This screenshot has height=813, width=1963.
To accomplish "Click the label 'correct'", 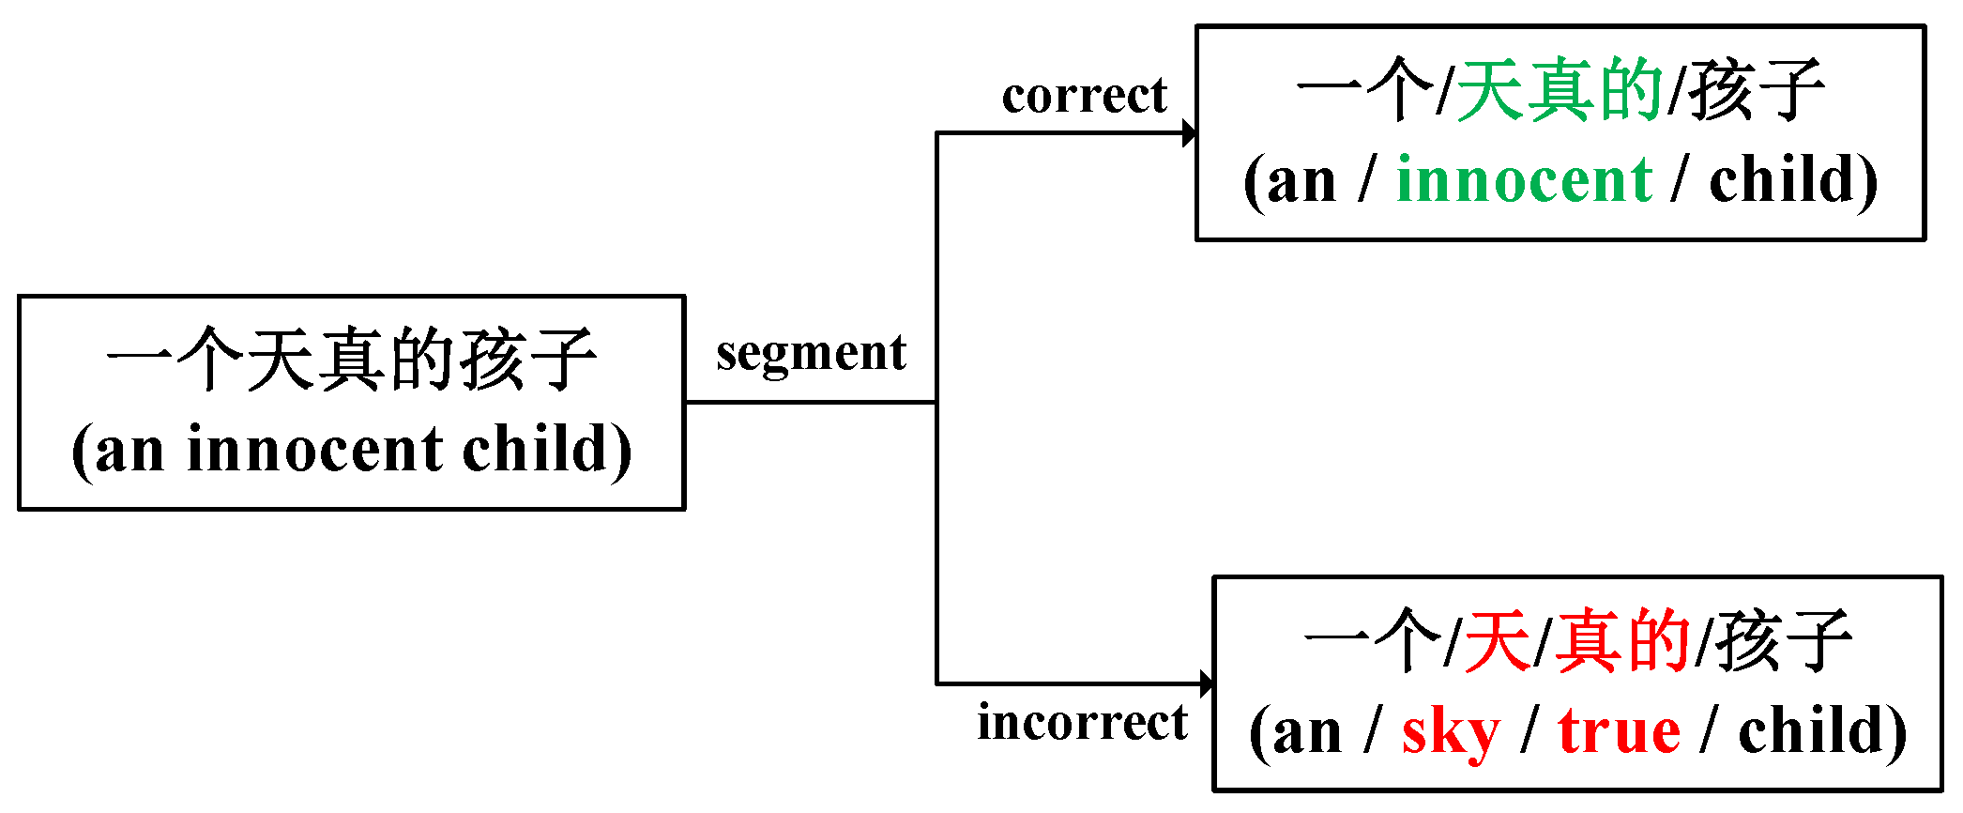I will pyautogui.click(x=1084, y=95).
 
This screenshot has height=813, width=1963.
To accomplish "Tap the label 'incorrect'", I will pyautogui.click(x=1082, y=722).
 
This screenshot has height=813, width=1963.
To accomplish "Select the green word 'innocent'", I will pyautogui.click(x=1523, y=180).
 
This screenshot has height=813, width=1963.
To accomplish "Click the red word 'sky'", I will pyautogui.click(x=1450, y=733).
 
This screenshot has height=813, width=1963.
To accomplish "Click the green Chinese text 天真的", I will pyautogui.click(x=1560, y=91).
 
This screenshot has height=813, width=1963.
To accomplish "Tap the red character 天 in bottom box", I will pyautogui.click(x=1498, y=641).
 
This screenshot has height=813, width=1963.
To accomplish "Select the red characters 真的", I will pyautogui.click(x=1622, y=641).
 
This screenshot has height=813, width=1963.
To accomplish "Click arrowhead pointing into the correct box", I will pyautogui.click(x=1189, y=133).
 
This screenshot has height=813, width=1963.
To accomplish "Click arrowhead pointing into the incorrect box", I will pyautogui.click(x=1207, y=683).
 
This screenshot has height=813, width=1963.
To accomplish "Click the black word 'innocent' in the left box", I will pyautogui.click(x=314, y=450).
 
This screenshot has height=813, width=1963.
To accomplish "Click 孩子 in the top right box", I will pyautogui.click(x=1757, y=91).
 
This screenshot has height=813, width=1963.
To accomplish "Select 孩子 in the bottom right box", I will pyautogui.click(x=1783, y=641).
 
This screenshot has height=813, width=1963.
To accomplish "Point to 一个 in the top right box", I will pyautogui.click(x=1365, y=91).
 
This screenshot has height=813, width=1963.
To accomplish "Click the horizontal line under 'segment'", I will pyautogui.click(x=811, y=403).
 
